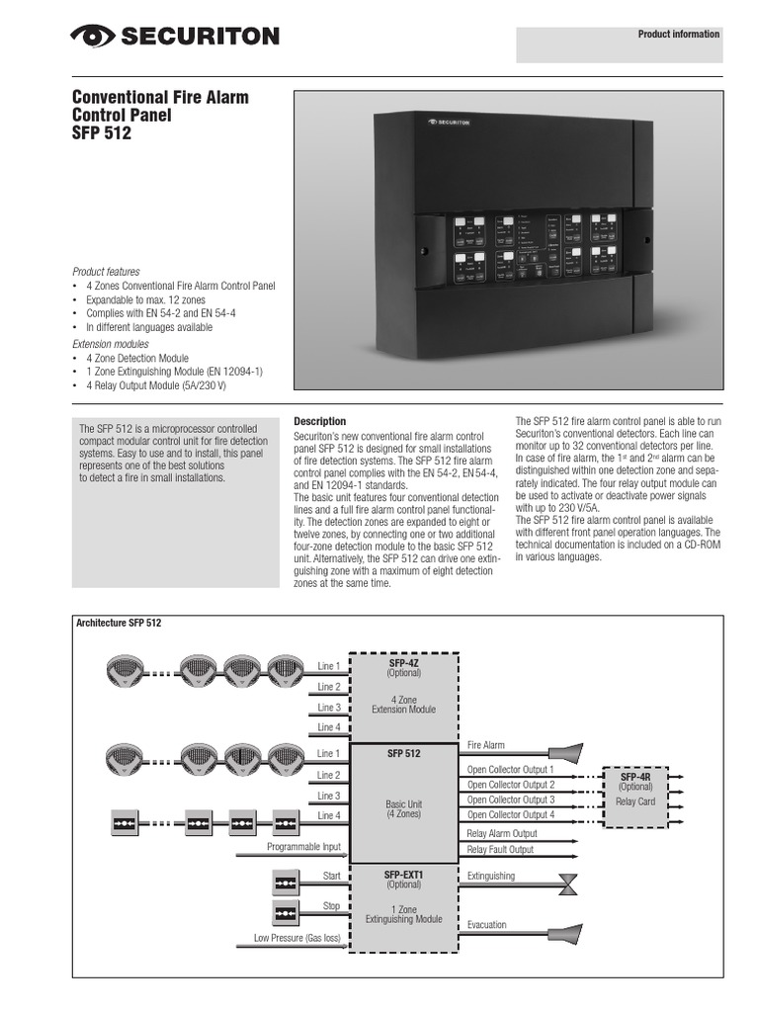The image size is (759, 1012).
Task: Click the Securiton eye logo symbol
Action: [x=91, y=37]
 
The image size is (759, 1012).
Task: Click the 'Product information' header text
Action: [x=678, y=35]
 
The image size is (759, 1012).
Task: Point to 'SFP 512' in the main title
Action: [x=102, y=132]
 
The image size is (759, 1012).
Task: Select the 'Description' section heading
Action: [x=320, y=421]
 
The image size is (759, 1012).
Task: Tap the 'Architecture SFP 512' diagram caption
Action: [x=119, y=624]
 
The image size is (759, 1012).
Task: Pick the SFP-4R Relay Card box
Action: [x=634, y=792]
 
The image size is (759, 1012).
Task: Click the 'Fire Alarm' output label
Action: [x=486, y=745]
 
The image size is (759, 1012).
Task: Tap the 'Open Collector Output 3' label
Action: [x=510, y=800]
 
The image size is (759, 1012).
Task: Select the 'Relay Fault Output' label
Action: [x=499, y=849]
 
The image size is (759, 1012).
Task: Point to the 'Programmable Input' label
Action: [x=303, y=847]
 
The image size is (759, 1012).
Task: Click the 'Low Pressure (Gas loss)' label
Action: [x=296, y=937]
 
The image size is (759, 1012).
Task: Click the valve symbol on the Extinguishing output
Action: [x=568, y=884]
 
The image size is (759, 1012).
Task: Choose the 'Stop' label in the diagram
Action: [x=331, y=906]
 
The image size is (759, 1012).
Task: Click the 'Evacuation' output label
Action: [x=487, y=925]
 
